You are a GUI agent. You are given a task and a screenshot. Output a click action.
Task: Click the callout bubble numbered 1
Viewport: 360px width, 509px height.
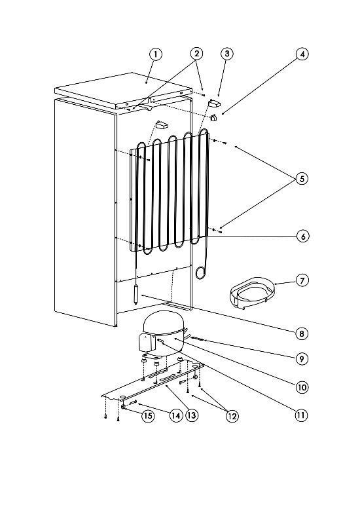click(x=156, y=54)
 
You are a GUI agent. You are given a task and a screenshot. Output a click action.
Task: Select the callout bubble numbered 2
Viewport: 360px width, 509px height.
click(x=196, y=54)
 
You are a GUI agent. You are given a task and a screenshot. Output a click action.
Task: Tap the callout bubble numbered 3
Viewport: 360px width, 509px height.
click(x=227, y=54)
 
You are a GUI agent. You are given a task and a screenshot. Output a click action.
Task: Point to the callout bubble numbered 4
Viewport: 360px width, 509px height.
click(x=302, y=54)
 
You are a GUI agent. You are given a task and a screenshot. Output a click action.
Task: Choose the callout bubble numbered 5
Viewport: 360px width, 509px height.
click(x=302, y=179)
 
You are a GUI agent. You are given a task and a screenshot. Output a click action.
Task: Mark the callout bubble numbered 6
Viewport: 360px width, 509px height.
click(x=303, y=236)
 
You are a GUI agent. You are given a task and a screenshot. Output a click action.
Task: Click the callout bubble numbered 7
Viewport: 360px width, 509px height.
click(x=302, y=280)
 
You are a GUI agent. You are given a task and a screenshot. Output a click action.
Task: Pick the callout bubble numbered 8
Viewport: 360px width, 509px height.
click(x=302, y=333)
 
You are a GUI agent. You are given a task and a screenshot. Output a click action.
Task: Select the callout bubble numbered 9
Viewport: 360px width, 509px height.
click(x=302, y=358)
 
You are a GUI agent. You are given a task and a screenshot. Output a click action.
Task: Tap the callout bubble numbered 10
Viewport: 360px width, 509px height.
click(x=302, y=387)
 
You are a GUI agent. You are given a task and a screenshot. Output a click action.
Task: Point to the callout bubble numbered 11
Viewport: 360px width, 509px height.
click(x=301, y=415)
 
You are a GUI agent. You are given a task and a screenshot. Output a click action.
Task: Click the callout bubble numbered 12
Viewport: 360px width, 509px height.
click(x=232, y=416)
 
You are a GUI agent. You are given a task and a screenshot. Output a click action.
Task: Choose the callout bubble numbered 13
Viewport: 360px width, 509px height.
click(x=192, y=415)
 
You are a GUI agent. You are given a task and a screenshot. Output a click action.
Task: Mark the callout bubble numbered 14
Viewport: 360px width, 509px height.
click(x=176, y=415)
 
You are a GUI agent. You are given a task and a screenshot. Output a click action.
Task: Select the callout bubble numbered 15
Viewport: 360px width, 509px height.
click(x=147, y=415)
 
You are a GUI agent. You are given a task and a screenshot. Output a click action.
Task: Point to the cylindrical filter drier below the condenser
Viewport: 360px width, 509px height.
click(x=135, y=293)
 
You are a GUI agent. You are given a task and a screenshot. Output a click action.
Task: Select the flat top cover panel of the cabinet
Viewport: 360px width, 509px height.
click(x=123, y=91)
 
